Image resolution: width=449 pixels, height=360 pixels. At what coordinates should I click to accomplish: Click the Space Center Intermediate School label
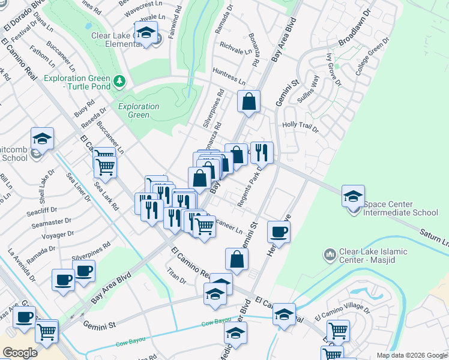point(400,212)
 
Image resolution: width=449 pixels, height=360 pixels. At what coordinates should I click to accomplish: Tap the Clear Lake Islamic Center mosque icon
point(328,256)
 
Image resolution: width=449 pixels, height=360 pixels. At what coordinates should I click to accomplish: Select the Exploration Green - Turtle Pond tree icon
point(119,80)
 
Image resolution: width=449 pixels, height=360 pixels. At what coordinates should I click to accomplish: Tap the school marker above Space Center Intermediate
point(353,196)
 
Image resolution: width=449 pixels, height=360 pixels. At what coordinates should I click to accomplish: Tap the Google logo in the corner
point(19,353)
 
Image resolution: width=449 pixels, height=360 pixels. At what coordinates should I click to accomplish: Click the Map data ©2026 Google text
point(412,355)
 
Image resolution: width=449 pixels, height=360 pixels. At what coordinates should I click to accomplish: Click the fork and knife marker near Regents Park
point(262,152)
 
